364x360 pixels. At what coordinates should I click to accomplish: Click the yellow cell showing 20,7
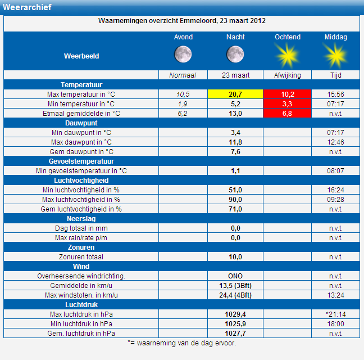235,94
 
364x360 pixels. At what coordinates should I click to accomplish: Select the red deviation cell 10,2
288,94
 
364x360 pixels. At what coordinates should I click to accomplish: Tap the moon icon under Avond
183,55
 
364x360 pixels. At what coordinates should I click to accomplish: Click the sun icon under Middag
336,56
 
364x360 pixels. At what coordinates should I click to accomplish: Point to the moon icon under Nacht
235,55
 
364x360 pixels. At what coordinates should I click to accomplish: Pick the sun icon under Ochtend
288,56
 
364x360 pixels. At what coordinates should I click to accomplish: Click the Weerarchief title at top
27,7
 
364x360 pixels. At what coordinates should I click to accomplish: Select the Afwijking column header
288,75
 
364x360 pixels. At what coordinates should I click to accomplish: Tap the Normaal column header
183,75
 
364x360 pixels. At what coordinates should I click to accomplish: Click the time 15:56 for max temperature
336,94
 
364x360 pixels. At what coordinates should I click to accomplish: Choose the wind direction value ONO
235,276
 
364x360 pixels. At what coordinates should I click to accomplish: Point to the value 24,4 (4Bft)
235,295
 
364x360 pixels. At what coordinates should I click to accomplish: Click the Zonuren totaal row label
81,257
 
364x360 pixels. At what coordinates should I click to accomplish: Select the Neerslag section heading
81,219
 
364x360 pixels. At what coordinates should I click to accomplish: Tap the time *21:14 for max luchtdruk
336,314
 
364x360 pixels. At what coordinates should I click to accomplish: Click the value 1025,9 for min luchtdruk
235,324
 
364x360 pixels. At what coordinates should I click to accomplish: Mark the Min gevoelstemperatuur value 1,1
235,171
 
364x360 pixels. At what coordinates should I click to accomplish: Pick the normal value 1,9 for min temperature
183,103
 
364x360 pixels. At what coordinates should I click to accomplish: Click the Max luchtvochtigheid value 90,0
235,199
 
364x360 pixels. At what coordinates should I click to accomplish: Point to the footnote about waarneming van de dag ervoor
182,343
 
